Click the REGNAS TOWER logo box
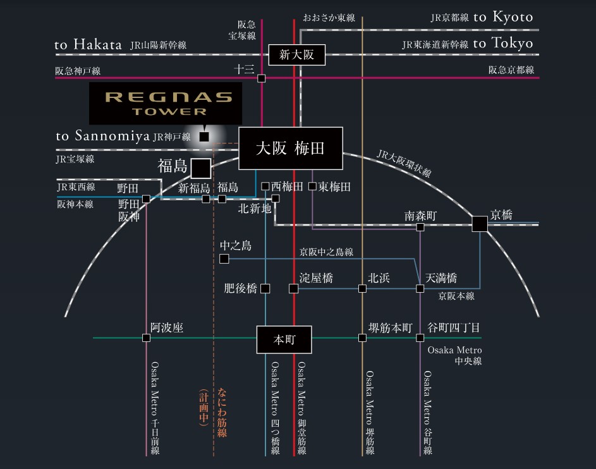coord(165,103)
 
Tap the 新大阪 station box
coord(296,55)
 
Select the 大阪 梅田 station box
coord(290,149)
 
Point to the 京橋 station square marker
coord(479,224)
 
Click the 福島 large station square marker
coord(201,168)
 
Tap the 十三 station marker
coord(262,78)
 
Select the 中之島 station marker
coord(224,259)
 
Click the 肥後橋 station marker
coord(265,289)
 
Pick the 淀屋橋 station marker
coord(293,289)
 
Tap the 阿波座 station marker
coord(147,338)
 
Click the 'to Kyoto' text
coord(503,17)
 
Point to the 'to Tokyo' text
coord(503,44)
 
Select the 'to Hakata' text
coord(88,45)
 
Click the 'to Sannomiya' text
coord(102,136)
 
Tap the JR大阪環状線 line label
coord(404,163)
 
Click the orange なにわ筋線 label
coord(222,412)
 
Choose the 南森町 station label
coord(420,216)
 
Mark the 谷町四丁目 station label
coord(454,327)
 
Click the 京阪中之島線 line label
coord(326,252)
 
